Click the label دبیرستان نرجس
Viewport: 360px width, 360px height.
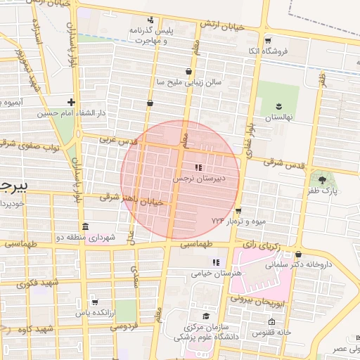click(199, 179)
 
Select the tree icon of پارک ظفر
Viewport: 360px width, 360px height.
click(322, 181)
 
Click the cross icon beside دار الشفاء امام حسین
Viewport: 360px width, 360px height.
click(72, 101)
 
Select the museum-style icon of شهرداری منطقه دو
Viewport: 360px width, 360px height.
click(85, 227)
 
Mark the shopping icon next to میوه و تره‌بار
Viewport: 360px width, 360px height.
click(239, 210)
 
